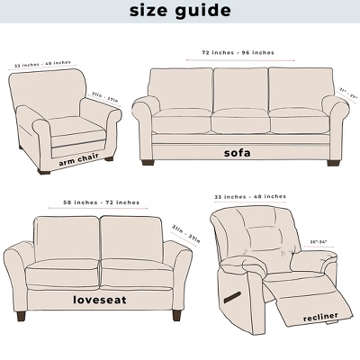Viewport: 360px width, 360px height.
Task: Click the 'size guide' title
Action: click(180, 11)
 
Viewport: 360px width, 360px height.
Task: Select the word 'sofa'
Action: click(237, 152)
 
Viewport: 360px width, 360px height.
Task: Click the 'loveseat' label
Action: click(99, 298)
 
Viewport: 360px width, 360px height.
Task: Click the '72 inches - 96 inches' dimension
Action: click(238, 52)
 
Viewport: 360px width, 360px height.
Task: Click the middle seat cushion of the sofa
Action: click(239, 122)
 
